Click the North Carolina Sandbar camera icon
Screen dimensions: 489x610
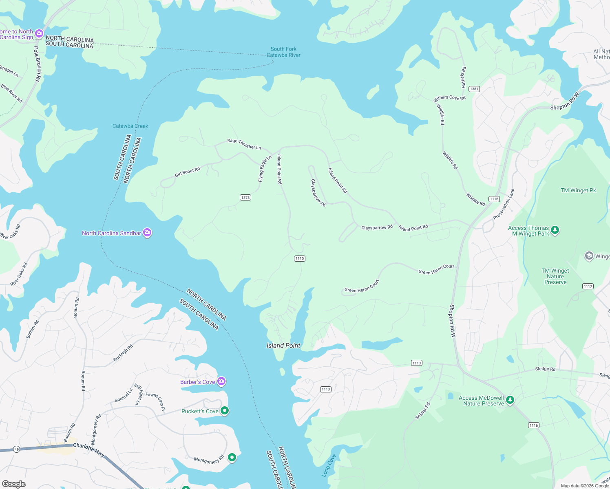(147, 233)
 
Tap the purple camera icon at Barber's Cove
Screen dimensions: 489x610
(221, 381)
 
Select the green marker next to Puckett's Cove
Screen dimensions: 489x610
(224, 411)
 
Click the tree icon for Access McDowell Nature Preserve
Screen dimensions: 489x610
(510, 400)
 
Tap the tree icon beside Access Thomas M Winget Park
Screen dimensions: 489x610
(555, 230)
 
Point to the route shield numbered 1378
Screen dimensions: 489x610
(245, 198)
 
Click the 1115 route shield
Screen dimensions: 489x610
(300, 258)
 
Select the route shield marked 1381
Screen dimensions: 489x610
(474, 89)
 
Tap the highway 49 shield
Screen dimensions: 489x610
(16, 449)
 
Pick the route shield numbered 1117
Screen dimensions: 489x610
(588, 286)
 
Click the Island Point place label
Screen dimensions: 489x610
(283, 346)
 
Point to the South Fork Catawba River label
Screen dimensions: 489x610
(283, 52)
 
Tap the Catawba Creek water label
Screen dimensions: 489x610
(130, 126)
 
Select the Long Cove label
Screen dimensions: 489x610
(329, 465)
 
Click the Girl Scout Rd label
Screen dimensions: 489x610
(187, 172)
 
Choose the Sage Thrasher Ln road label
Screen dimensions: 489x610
(244, 144)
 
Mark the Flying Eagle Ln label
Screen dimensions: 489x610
(265, 169)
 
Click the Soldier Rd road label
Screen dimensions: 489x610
(422, 411)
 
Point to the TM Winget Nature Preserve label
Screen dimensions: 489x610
(555, 276)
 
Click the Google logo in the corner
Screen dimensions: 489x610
(14, 484)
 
